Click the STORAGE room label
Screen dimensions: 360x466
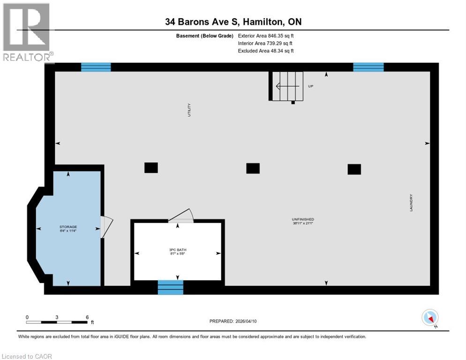coord(68,226)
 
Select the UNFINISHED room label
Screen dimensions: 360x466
coord(302,219)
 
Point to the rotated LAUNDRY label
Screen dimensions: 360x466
coord(411,202)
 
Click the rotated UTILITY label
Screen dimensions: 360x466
coord(189,110)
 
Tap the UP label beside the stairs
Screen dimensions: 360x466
coord(310,86)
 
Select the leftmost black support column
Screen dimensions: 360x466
coord(151,167)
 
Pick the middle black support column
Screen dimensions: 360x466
coord(253,168)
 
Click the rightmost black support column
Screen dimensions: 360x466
coord(354,169)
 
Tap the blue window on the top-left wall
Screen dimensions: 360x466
coord(96,67)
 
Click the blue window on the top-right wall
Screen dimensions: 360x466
coord(368,67)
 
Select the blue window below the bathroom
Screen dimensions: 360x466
coord(170,287)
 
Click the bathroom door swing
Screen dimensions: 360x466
coord(181,216)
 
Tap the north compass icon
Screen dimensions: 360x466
coord(430,318)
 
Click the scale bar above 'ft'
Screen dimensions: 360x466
coord(57,322)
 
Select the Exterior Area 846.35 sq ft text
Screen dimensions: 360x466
coord(265,35)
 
